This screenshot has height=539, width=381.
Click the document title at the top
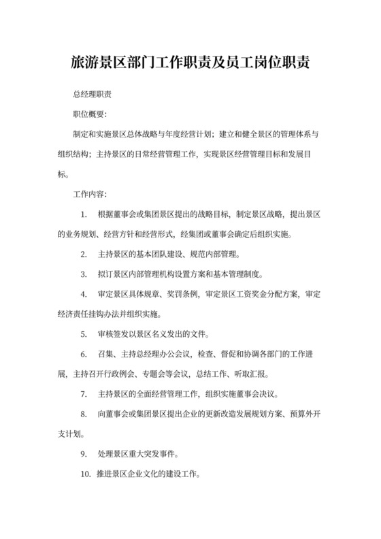click(190, 63)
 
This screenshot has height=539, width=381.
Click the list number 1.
click(83, 214)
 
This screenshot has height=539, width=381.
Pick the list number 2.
click(83, 254)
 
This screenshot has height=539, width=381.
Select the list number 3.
click(83, 274)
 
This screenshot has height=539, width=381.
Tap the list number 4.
click(83, 294)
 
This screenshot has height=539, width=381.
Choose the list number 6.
click(83, 354)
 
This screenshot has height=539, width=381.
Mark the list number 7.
click(83, 393)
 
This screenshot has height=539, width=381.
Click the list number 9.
click(83, 453)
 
